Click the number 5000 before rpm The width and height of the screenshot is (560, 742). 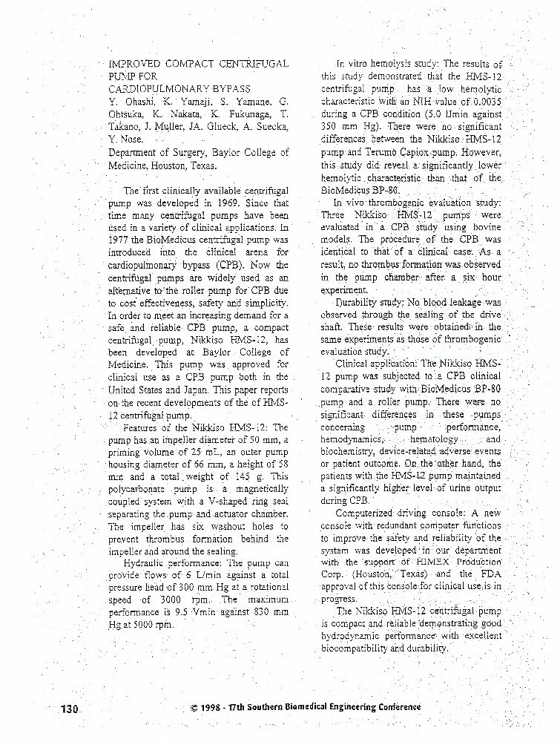point(147,625)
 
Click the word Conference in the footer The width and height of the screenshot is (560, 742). point(389,706)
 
